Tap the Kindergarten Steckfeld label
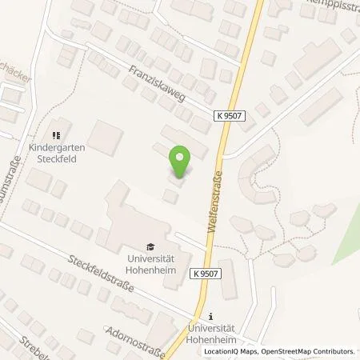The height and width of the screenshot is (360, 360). (56, 151)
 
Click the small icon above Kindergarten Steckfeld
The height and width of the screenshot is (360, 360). (56, 134)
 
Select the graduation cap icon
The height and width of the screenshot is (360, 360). (150, 246)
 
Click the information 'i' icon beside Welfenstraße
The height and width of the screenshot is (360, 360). (210, 316)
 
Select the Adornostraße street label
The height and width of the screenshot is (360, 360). (136, 338)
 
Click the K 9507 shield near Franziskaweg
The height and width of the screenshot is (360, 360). (229, 116)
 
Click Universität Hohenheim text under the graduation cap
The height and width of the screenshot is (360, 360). (150, 263)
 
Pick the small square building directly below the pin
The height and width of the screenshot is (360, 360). (170, 196)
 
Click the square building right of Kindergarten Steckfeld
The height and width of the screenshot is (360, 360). (105, 139)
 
